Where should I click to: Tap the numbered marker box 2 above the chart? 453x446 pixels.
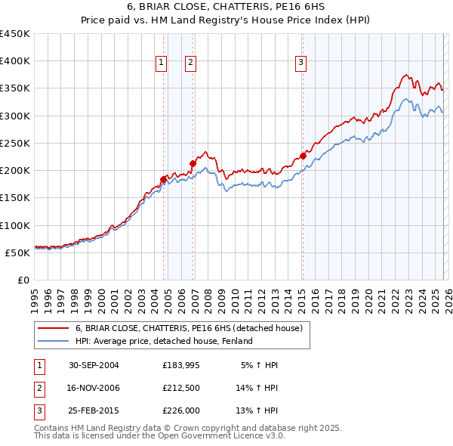click(x=190, y=63)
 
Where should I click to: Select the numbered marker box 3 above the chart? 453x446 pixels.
click(x=300, y=63)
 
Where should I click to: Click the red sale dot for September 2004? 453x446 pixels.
click(x=163, y=179)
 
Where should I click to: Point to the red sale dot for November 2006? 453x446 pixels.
click(x=193, y=163)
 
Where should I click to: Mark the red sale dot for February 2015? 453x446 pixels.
click(x=303, y=156)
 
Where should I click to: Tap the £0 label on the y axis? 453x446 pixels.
click(x=23, y=280)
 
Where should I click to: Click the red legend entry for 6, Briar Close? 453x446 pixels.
click(x=189, y=328)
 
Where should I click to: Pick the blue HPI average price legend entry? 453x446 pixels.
click(x=163, y=341)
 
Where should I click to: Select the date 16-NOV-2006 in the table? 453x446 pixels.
click(x=94, y=388)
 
